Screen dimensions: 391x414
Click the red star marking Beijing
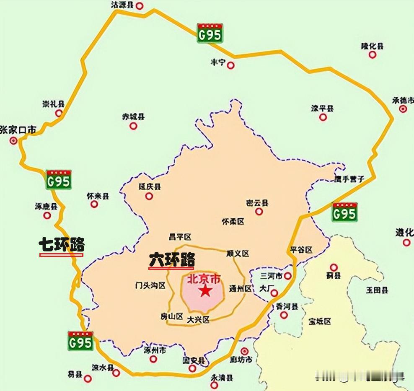click(x=205, y=291)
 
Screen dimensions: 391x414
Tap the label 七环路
click(x=62, y=245)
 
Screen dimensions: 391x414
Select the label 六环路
click(x=172, y=260)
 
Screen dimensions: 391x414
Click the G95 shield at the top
click(x=210, y=34)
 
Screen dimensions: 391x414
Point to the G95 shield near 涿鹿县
click(x=58, y=180)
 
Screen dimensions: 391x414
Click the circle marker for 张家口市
click(x=14, y=141)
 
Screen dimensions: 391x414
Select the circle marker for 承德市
click(x=403, y=109)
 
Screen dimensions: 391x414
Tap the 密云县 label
click(x=257, y=203)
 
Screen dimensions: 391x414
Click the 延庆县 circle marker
click(x=149, y=196)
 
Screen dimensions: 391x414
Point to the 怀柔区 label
click(x=233, y=222)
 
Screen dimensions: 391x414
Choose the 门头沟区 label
click(x=150, y=286)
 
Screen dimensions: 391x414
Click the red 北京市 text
click(x=203, y=278)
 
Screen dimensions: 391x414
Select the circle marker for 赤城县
click(x=133, y=125)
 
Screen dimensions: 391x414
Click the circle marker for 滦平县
click(x=323, y=117)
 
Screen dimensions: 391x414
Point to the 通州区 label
click(x=241, y=289)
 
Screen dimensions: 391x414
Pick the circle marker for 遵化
click(x=406, y=242)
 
